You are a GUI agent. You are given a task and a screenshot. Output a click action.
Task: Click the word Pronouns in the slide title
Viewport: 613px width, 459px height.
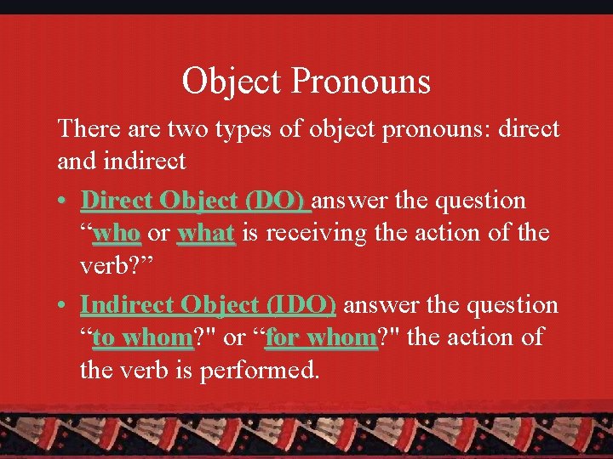[x=361, y=82]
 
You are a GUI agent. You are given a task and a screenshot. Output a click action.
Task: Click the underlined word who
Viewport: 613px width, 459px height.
[x=116, y=232]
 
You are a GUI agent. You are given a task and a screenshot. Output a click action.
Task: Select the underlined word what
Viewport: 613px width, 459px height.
[x=205, y=232]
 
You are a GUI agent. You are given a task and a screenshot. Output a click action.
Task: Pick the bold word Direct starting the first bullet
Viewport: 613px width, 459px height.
[x=117, y=201]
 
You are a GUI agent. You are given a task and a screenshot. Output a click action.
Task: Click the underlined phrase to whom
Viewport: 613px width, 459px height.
[x=143, y=337]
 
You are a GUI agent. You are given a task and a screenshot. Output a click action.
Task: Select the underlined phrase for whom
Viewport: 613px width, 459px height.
[x=320, y=337]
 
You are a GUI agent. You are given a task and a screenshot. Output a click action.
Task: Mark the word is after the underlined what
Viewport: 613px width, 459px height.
[x=250, y=232]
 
